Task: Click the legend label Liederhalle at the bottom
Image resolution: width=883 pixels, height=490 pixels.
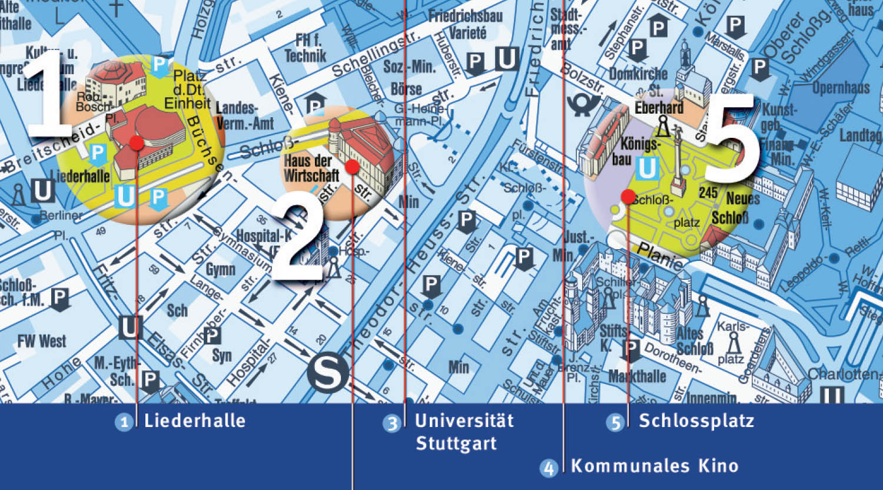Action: coord(194,421)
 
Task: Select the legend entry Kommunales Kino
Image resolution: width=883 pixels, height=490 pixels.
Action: coord(655,466)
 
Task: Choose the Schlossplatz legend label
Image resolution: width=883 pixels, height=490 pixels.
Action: coord(696,421)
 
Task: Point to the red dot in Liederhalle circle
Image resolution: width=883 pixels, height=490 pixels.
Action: coord(137,143)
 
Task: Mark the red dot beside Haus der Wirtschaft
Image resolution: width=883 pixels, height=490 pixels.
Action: coord(352,167)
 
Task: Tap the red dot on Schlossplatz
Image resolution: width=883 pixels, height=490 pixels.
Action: coord(628,197)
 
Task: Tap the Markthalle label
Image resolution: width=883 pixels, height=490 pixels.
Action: coord(637,376)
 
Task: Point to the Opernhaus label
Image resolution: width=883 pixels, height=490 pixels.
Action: coord(841,88)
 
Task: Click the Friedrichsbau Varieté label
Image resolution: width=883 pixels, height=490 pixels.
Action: coord(466,24)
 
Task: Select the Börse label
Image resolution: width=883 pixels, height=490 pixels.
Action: coord(406,89)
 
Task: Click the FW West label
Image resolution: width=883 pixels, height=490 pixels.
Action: coord(42,341)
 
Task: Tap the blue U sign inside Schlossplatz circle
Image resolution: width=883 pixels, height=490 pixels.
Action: coord(647,169)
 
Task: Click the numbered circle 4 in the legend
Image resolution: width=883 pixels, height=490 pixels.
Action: coord(549,468)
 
